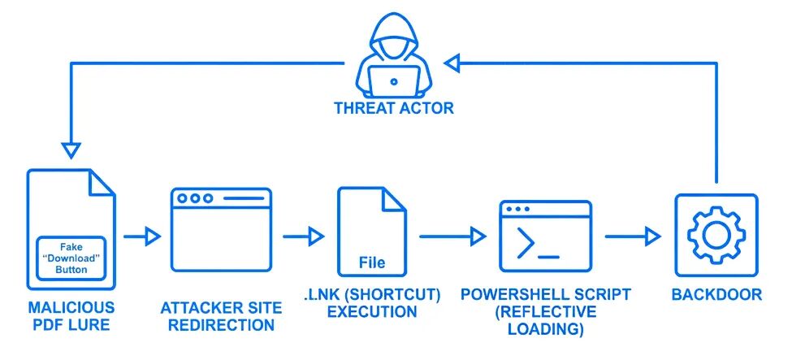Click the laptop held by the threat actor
pos(394,80)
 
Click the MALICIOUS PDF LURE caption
pos(71,316)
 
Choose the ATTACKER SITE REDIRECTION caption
pos(221,316)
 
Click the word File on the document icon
pos(372,263)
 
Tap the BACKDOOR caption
pos(717,294)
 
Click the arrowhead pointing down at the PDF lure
pos(71,151)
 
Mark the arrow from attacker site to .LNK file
pos(303,236)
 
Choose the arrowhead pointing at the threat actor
pos(452,61)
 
